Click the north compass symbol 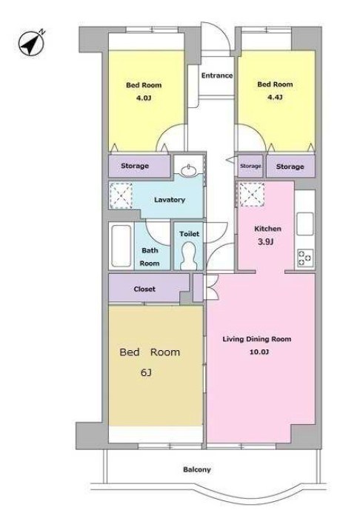click(x=32, y=43)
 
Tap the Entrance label click(x=217, y=76)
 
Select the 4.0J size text click(x=144, y=98)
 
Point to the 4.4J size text click(x=275, y=98)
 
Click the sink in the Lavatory click(x=189, y=170)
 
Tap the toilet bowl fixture click(x=189, y=256)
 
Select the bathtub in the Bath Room click(x=121, y=246)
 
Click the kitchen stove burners click(x=305, y=258)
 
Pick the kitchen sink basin click(x=305, y=224)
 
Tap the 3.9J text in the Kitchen click(x=266, y=241)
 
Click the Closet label click(x=144, y=289)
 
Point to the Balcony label click(x=197, y=469)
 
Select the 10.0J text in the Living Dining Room click(x=259, y=352)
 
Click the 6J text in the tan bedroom click(x=146, y=372)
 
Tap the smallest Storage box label click(x=250, y=166)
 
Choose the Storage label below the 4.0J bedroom click(x=135, y=166)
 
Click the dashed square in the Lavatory click(x=121, y=195)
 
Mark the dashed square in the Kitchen click(x=252, y=195)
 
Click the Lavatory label click(x=170, y=200)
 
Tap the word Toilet click(x=189, y=234)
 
